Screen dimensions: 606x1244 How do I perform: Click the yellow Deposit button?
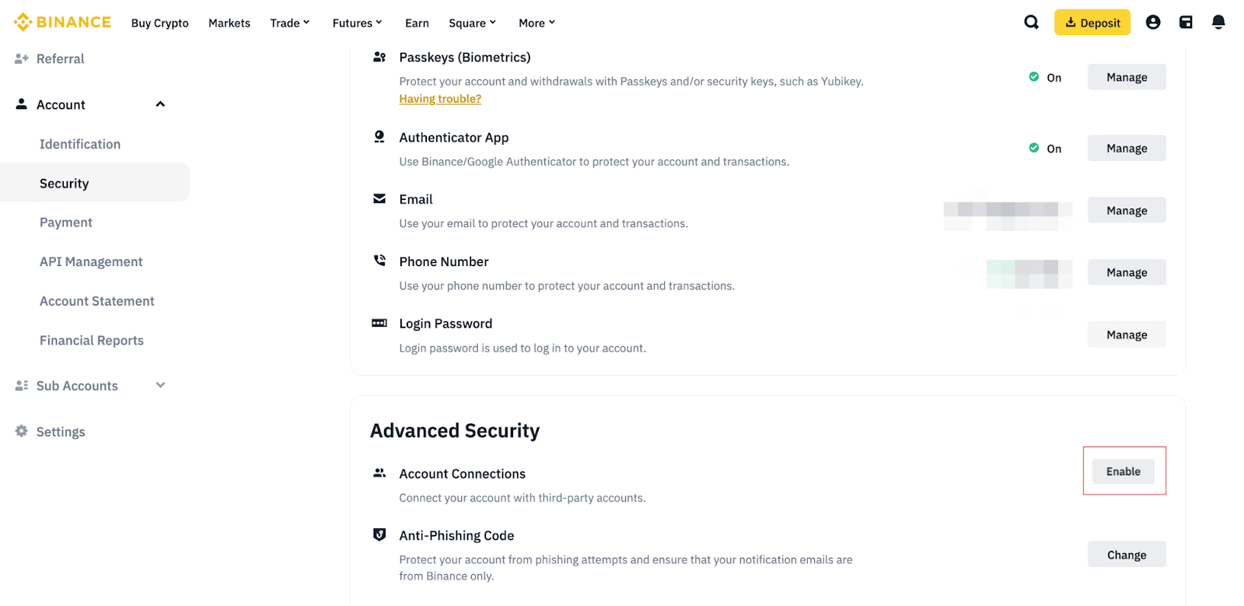(1092, 23)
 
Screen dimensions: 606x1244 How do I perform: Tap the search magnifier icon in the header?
(1031, 23)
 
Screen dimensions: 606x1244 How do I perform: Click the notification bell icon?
(1218, 23)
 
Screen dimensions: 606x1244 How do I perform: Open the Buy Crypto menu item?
(160, 23)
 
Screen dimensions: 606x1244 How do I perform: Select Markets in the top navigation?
(229, 23)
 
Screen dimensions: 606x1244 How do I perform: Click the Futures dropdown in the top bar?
(357, 23)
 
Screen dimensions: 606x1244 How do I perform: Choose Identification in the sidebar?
(80, 144)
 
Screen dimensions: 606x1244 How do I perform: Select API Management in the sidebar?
(91, 261)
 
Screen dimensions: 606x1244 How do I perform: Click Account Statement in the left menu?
(97, 301)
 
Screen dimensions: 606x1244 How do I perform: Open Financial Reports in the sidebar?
(92, 340)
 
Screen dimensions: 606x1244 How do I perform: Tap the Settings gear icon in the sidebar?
(22, 431)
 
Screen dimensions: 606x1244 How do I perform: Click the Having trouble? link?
(440, 99)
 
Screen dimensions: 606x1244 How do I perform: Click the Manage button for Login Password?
(1127, 335)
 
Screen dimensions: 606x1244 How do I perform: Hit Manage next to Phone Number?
(1127, 272)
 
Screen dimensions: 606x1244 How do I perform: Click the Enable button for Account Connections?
(1123, 471)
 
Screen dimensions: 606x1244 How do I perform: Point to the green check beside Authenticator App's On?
(1034, 148)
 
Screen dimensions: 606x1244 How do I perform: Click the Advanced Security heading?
(455, 431)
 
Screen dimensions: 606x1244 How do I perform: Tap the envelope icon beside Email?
(379, 199)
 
